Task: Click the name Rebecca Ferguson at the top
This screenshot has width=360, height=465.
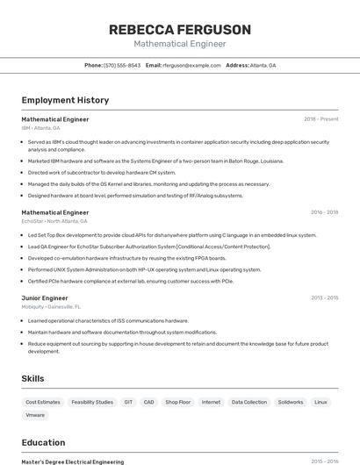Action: [180, 30]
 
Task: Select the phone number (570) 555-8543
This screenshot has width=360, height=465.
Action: [122, 65]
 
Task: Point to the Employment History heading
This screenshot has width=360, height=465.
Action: [65, 100]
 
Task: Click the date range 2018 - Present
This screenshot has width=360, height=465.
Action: [320, 118]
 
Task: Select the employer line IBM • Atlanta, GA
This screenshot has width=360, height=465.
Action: [40, 128]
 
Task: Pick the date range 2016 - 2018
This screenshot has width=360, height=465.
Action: [324, 211]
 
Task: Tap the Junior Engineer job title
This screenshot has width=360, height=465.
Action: [45, 297]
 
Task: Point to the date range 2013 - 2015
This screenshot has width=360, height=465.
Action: [324, 297]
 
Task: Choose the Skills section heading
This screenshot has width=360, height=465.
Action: [33, 378]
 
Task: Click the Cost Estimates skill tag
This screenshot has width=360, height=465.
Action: [43, 402]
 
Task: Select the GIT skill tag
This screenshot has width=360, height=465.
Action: [128, 402]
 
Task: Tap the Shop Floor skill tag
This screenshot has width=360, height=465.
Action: [178, 402]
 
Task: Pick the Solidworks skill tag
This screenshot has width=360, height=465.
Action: [291, 402]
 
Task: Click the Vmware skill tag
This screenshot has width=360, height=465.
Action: [35, 415]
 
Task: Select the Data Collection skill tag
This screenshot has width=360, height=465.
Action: [249, 402]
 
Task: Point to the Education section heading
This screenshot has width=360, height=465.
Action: [43, 442]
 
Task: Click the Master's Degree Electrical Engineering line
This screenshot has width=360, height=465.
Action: [73, 461]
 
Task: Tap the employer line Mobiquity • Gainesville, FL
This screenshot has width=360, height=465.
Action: [51, 307]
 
